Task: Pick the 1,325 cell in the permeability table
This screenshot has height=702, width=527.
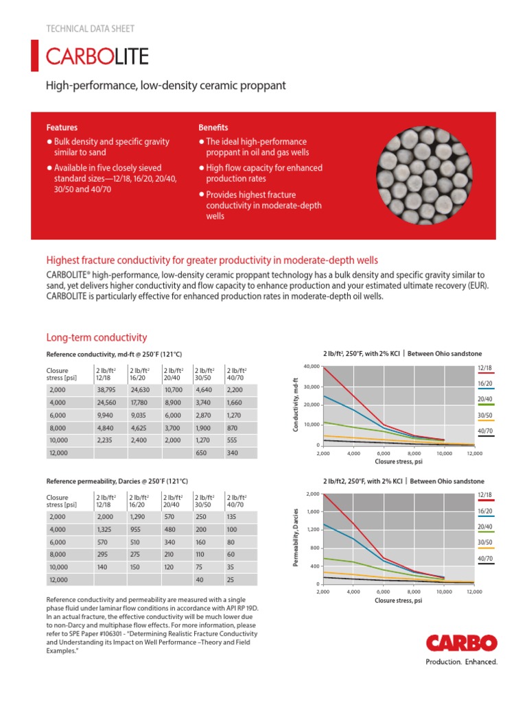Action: tap(106, 530)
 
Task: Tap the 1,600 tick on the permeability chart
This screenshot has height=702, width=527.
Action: tap(313, 511)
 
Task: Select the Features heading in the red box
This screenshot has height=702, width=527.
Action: tap(62, 128)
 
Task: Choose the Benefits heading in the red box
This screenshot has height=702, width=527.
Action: tap(213, 128)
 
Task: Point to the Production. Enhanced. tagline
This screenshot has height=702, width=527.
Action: tap(461, 662)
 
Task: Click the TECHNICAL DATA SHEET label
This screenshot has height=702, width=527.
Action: tap(89, 29)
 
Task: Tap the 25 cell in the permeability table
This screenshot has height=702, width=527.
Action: tap(231, 581)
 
